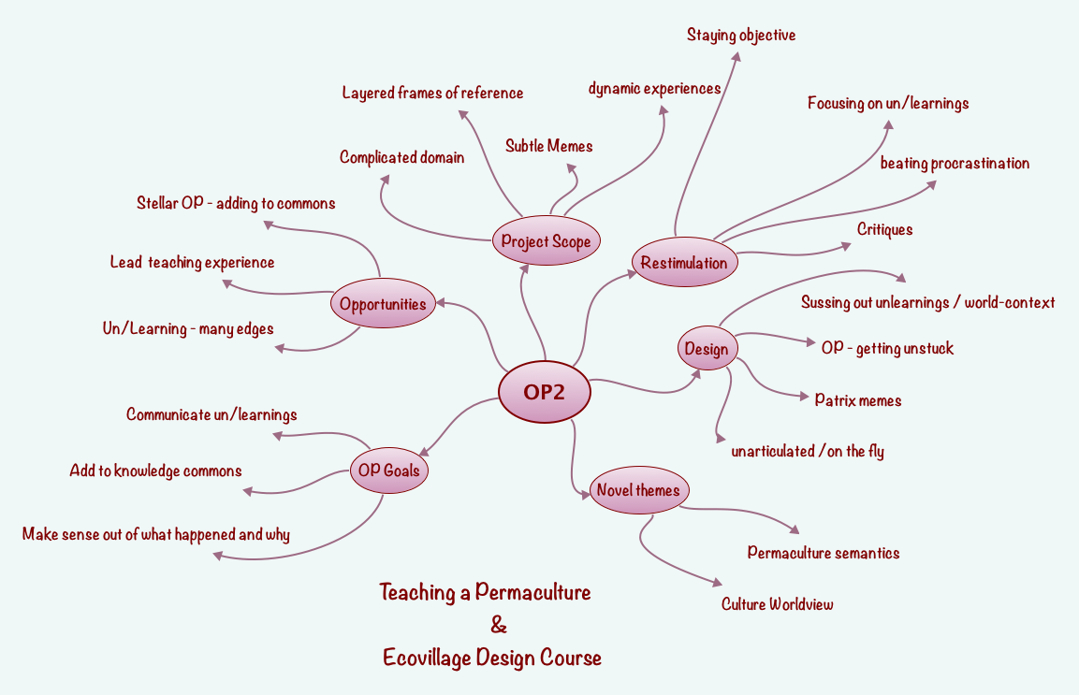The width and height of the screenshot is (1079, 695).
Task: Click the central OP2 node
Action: tap(545, 392)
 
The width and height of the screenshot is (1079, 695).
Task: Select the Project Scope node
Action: tap(546, 241)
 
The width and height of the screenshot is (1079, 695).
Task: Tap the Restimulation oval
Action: tap(684, 263)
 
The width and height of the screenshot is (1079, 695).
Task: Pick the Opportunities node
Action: tap(383, 303)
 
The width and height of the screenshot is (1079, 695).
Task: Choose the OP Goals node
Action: tap(388, 470)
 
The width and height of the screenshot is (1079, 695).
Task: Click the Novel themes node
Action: tap(639, 490)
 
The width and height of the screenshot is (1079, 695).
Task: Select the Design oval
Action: tap(707, 350)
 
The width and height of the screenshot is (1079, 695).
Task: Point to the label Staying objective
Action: tap(741, 36)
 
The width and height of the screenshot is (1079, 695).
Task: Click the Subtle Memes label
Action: tap(549, 146)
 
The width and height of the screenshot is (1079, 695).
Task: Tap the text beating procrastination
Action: tap(955, 164)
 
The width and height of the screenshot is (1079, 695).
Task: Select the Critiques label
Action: tap(884, 229)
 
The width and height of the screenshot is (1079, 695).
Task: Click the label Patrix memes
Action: tap(858, 400)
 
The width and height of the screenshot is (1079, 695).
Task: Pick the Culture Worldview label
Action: tap(777, 604)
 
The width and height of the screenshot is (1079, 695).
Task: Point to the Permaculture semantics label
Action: tap(824, 553)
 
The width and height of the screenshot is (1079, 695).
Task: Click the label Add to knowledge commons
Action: tap(155, 471)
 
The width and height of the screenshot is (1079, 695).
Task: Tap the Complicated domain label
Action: tap(401, 157)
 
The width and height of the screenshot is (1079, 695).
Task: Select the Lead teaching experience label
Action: tap(192, 263)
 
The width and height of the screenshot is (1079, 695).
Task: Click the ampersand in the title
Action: tap(499, 625)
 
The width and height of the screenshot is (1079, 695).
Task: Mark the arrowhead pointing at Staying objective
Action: tap(736, 56)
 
